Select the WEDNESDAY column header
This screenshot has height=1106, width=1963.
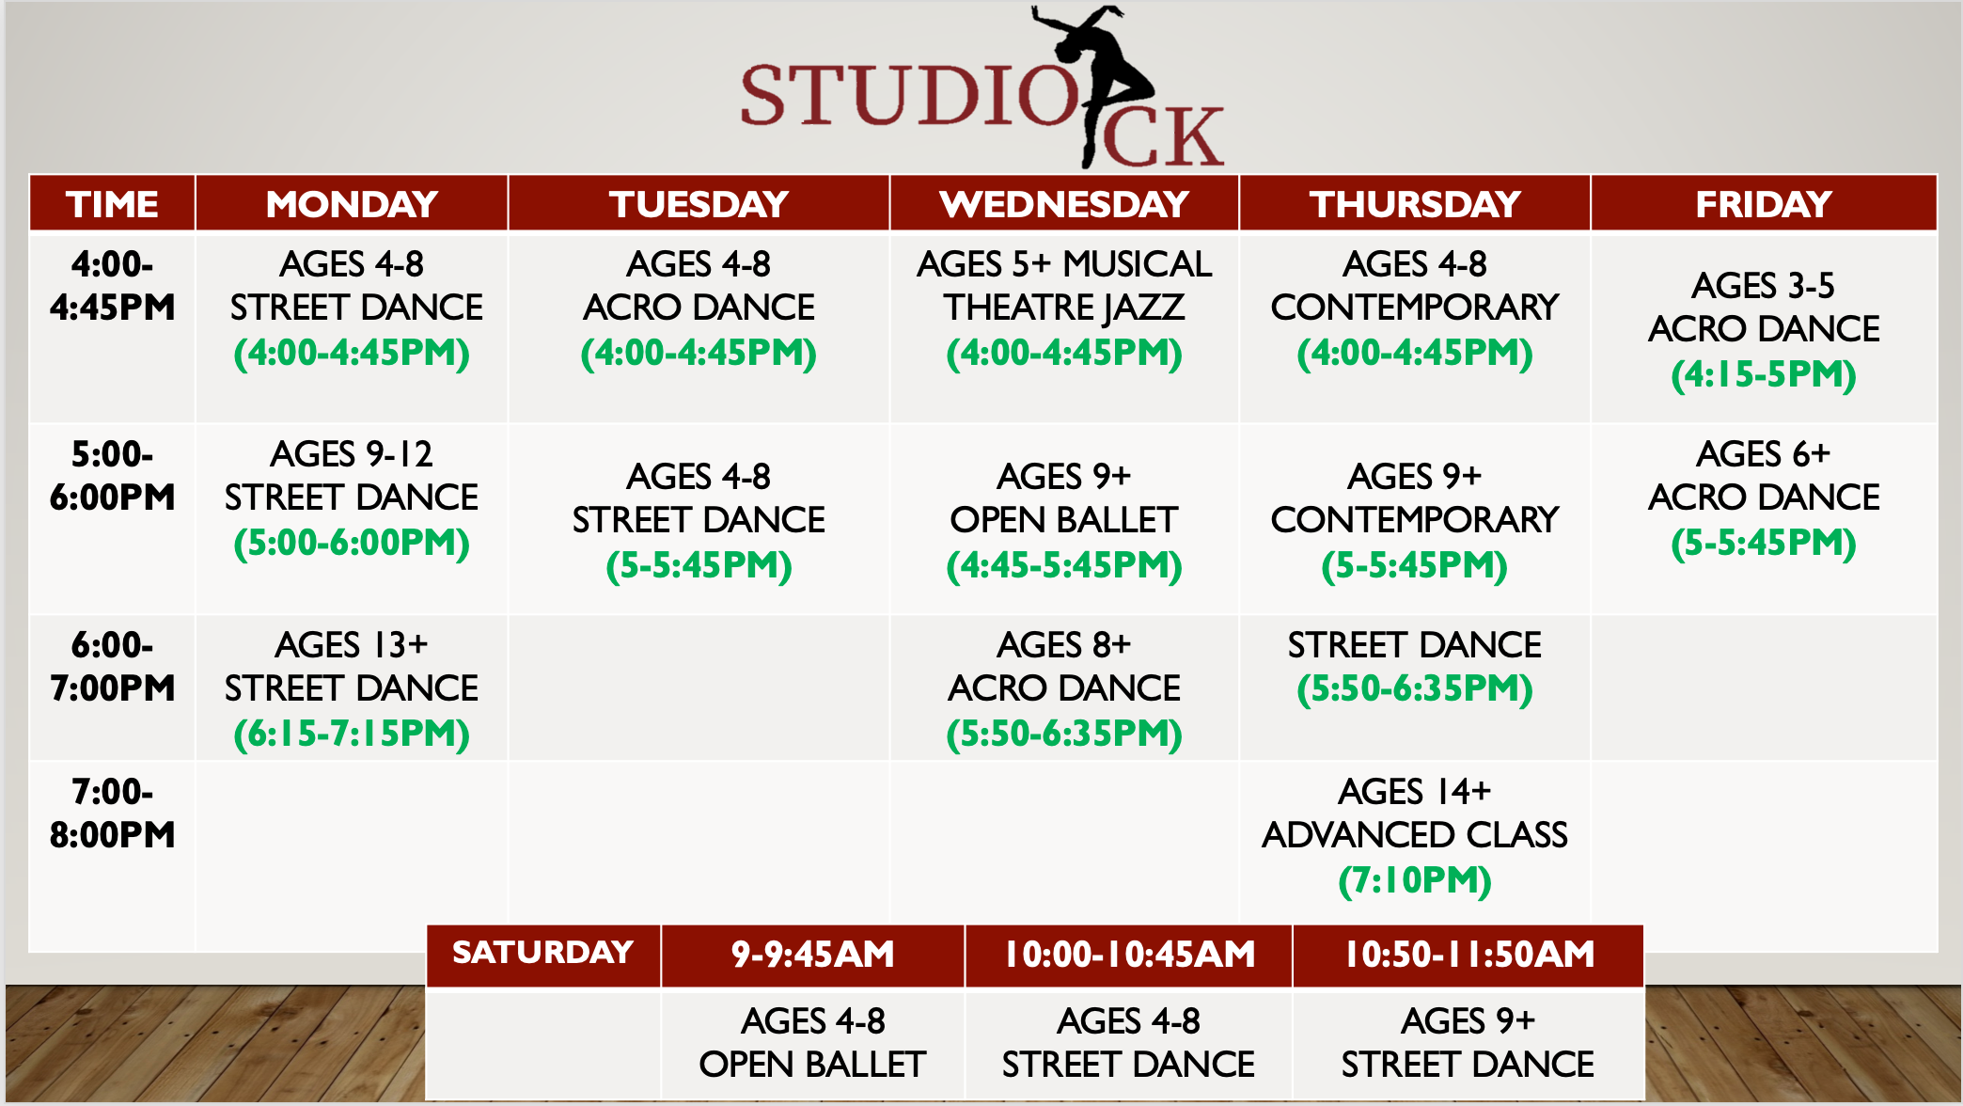(1064, 203)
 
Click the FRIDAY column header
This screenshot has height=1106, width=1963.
(1764, 203)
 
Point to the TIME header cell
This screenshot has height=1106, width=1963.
(112, 203)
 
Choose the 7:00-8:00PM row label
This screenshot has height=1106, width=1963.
(112, 814)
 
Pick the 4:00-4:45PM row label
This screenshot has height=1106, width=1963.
(112, 286)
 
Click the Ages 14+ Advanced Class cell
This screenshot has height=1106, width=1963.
(1415, 835)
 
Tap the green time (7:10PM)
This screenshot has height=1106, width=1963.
(1415, 880)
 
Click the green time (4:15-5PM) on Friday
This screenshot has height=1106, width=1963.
(1764, 374)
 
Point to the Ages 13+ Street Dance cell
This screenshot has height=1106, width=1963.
(352, 688)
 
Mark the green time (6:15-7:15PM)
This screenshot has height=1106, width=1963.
(352, 734)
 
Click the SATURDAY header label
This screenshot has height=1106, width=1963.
(543, 953)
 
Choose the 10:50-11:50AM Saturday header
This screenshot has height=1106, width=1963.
(1468, 955)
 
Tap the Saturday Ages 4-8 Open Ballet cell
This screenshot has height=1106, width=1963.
(813, 1042)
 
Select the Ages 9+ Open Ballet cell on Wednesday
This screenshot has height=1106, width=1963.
(1064, 520)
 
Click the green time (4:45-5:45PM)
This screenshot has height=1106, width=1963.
(1064, 565)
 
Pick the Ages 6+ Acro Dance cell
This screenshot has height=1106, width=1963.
(1764, 498)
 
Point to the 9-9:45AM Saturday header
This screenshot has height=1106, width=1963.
(813, 955)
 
